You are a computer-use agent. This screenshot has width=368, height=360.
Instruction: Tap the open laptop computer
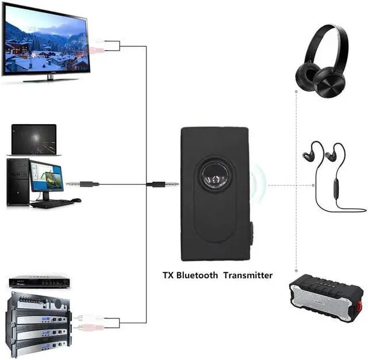coord(34,140)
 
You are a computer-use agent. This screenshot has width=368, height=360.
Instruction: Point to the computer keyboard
coord(52,203)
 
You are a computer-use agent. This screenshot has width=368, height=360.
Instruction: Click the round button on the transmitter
coord(215,175)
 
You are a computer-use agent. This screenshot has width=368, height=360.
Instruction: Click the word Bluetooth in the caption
coord(197,275)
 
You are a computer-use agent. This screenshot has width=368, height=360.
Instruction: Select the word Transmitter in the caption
coord(248,275)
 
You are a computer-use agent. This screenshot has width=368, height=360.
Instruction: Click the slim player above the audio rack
coord(39,282)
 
